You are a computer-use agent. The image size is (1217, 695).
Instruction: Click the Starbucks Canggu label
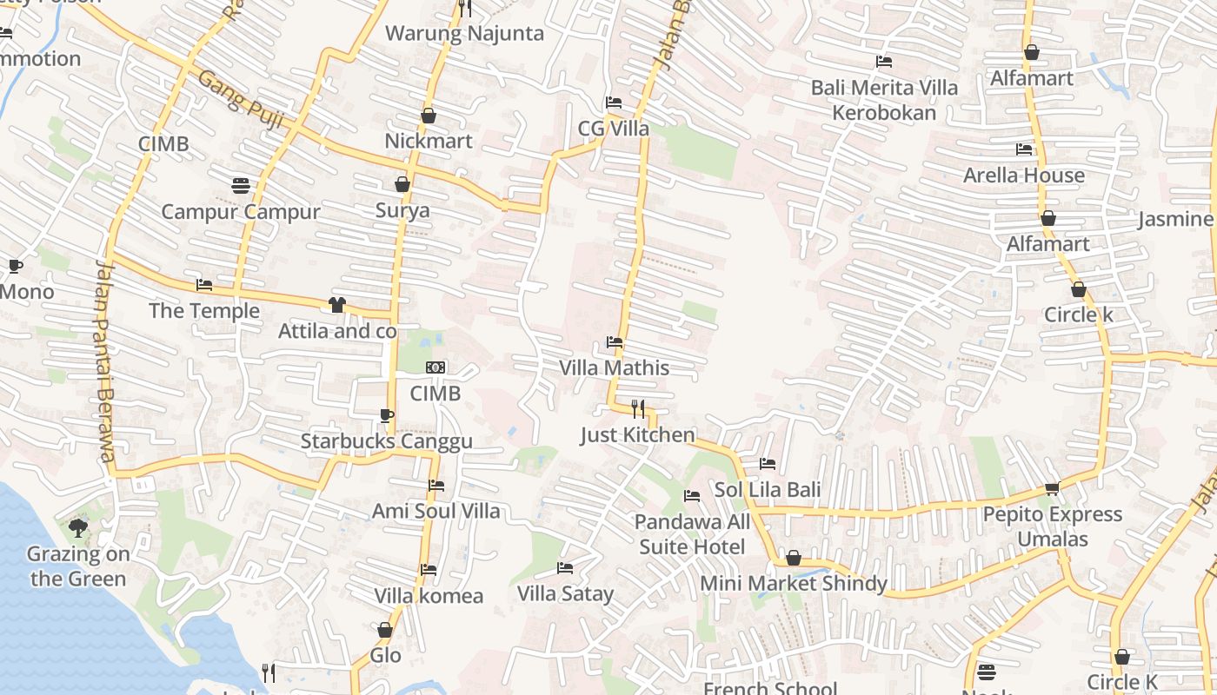(x=387, y=441)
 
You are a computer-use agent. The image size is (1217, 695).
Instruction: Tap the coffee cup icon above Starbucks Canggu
(x=387, y=415)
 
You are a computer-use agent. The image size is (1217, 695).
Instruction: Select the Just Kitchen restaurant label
(x=637, y=434)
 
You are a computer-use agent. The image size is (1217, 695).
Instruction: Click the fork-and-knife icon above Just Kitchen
(x=637, y=408)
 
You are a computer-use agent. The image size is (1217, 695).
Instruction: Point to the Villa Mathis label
(x=614, y=367)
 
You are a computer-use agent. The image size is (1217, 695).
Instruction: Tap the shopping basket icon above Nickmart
(x=428, y=116)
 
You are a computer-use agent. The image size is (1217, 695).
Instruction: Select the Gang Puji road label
(x=240, y=100)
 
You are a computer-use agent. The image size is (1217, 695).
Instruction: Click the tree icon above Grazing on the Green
(x=77, y=526)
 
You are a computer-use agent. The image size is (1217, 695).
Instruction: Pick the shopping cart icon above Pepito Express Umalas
(x=1052, y=489)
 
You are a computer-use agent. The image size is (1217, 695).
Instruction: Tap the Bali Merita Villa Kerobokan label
(x=884, y=100)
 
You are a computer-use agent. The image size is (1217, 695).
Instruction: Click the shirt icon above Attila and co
(x=336, y=305)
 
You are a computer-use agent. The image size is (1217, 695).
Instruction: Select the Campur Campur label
(x=241, y=212)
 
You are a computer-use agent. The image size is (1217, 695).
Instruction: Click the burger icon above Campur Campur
(x=241, y=185)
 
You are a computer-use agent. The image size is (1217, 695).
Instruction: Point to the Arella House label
(x=1023, y=175)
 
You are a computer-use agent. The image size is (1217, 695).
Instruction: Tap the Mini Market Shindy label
(x=794, y=584)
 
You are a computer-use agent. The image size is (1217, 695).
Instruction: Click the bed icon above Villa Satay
(x=565, y=568)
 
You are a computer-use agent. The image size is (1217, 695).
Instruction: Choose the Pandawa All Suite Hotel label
(x=692, y=534)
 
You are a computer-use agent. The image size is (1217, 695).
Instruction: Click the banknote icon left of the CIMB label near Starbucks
(x=436, y=367)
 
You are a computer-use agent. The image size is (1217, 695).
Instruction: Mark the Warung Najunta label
(x=464, y=34)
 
